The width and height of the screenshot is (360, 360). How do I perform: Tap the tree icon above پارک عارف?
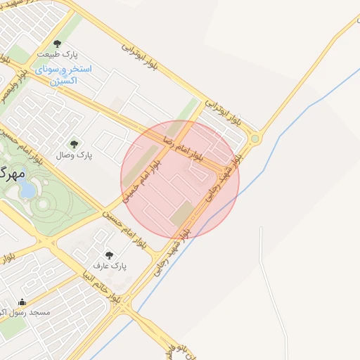[x=108, y=255]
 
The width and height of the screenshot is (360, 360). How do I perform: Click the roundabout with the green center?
[x=255, y=139]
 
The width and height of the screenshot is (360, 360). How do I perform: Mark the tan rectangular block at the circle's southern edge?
[x=182, y=213]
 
